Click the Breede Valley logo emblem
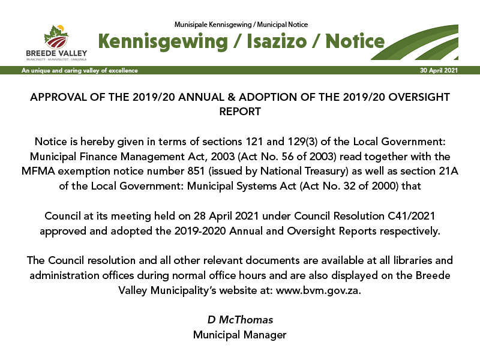tap(56, 37)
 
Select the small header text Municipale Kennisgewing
tap(212, 25)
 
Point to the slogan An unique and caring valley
tap(80, 71)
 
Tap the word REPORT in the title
tap(240, 111)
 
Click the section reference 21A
tap(435, 171)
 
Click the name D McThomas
tap(239, 320)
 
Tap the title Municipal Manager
tap(239, 334)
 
